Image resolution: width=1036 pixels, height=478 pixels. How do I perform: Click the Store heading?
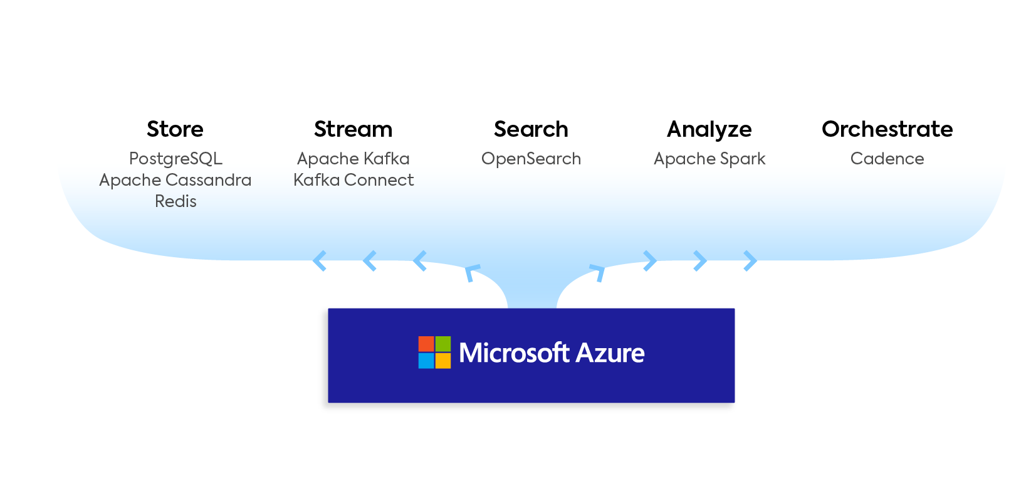pos(175,129)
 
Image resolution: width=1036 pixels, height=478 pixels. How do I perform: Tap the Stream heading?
pos(353,129)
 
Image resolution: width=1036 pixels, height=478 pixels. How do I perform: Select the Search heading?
pos(531,129)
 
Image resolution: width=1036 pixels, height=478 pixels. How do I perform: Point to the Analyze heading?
pos(709,130)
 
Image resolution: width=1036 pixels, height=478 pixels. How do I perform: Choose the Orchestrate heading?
pos(887,129)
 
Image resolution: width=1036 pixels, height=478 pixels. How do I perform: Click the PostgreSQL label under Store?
pos(175,159)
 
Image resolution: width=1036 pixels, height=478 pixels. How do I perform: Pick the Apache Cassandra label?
pos(175,180)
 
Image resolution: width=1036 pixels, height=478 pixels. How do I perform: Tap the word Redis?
pos(175,201)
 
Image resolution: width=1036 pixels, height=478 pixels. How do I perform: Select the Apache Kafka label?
pos(353,159)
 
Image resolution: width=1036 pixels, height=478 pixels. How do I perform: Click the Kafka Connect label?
pos(353,180)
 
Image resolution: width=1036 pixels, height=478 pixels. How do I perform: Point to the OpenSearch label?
pos(531,159)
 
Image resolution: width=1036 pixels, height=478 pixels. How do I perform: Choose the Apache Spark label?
pos(709,159)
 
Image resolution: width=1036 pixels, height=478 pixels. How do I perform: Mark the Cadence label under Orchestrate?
pos(887,159)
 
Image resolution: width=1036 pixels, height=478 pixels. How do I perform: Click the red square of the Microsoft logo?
pos(426,344)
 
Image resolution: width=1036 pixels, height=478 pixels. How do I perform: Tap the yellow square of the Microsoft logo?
pos(443,361)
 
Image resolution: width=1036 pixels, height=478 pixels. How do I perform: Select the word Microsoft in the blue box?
pos(514,353)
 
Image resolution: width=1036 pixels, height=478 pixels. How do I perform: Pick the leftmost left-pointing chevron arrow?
pos(319,261)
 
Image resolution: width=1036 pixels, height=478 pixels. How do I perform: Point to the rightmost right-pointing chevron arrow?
pos(750,261)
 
